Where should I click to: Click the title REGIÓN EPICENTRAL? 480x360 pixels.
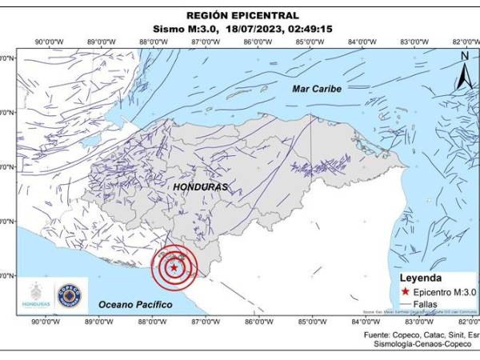click(242, 14)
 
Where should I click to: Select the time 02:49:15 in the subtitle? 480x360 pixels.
click(311, 29)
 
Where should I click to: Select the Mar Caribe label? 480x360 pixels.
click(317, 88)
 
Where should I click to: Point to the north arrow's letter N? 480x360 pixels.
click(465, 56)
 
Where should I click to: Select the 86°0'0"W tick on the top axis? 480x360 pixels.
click(257, 42)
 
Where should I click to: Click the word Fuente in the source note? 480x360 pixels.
click(379, 334)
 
